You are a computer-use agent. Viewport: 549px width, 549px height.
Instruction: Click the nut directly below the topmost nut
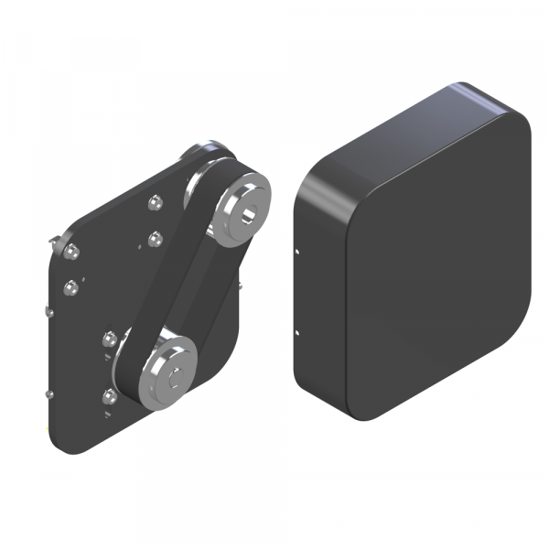(x=155, y=240)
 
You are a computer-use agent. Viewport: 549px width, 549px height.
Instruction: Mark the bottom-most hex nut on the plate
(x=111, y=396)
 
